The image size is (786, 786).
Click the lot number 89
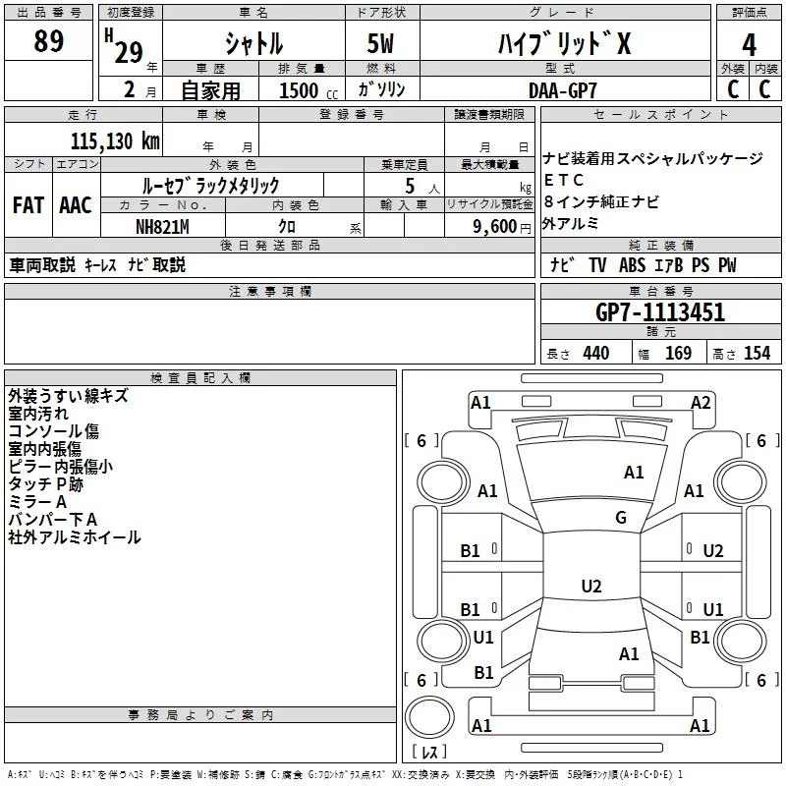point(48,41)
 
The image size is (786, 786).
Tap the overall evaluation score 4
point(750,45)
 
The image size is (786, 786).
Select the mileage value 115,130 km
point(115,140)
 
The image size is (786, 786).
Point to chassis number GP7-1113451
point(660,313)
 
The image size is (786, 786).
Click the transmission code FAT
point(28,205)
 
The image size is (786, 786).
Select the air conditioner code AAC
point(75,205)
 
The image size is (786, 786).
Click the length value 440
point(595,354)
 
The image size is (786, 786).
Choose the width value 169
point(678,354)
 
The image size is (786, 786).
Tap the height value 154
point(758,354)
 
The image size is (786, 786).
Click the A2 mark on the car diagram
point(701,402)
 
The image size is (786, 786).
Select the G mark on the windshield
point(620,518)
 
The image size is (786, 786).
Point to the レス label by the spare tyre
point(428,754)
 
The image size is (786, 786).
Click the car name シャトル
point(253,43)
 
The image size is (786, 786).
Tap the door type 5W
point(383,43)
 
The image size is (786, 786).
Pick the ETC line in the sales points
point(564,180)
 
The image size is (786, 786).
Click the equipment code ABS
point(632,265)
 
